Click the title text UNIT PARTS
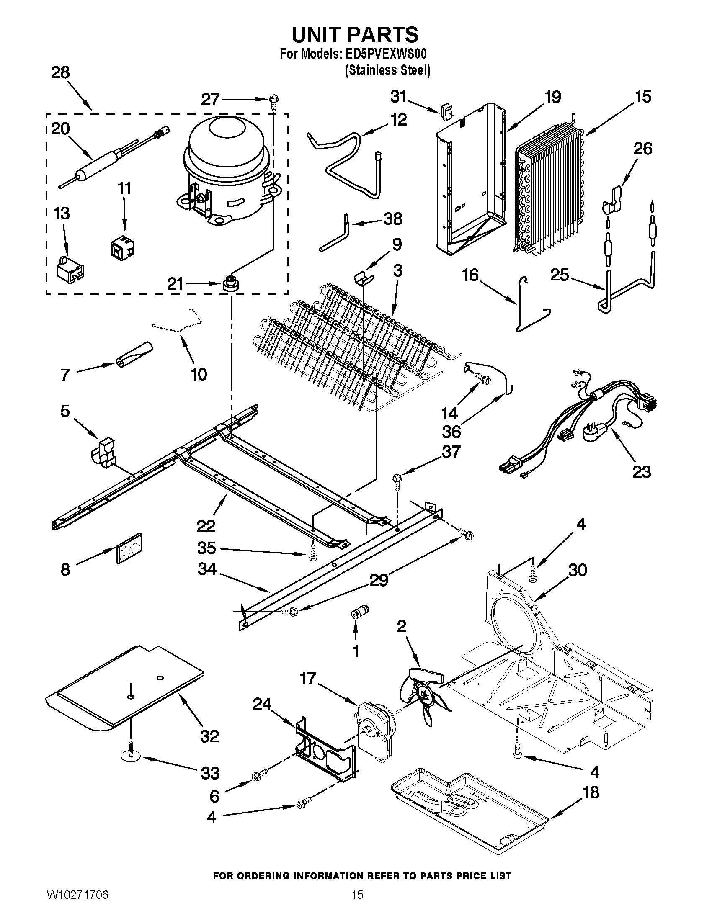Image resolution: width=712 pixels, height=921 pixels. point(355,35)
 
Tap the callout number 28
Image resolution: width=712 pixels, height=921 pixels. point(60,73)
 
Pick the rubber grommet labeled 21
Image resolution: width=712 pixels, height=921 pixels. point(230,283)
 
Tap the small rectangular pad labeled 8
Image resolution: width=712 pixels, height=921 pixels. point(129,548)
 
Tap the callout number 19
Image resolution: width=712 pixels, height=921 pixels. point(552,98)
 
